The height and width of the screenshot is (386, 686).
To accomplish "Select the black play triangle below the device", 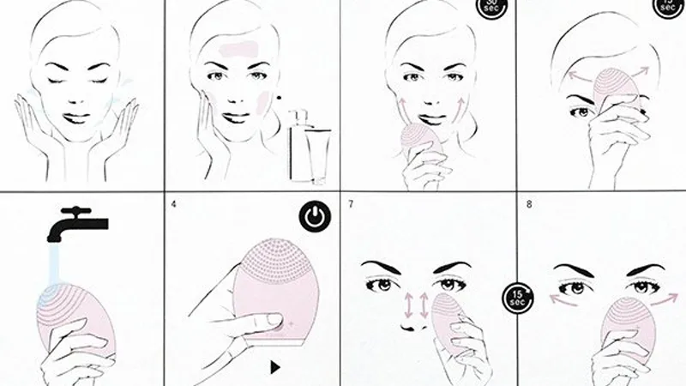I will tap(274, 367).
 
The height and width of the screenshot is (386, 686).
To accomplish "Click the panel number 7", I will tap(352, 204).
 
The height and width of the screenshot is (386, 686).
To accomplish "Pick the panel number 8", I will tap(527, 204).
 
